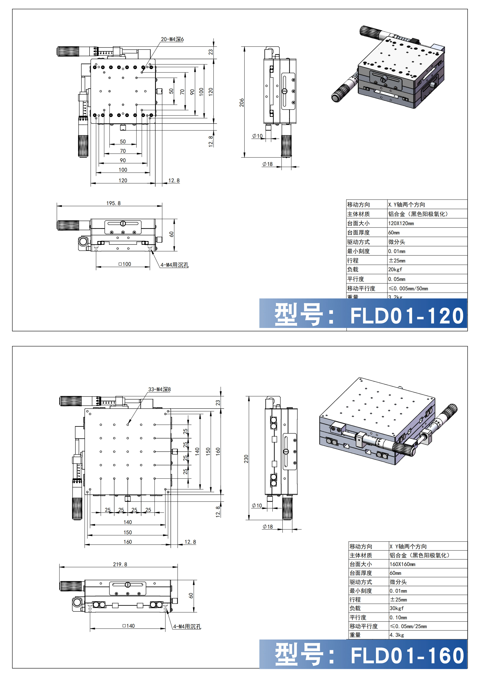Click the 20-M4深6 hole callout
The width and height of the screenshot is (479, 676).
pos(172,39)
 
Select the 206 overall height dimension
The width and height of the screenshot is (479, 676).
pos(242,102)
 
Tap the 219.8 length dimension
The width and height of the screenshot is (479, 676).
pos(120,564)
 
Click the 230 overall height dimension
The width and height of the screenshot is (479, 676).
pos(246,459)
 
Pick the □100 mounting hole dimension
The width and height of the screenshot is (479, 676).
pos(125,264)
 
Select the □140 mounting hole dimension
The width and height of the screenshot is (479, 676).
pos(128,626)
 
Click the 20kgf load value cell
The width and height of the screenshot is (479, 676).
pos(395,269)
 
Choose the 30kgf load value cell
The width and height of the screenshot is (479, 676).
pos(396,608)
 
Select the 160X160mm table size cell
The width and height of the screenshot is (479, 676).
pos(402,564)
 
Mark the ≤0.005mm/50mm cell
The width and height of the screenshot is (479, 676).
pos(408,288)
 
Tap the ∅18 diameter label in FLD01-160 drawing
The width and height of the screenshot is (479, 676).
pos(268,526)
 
